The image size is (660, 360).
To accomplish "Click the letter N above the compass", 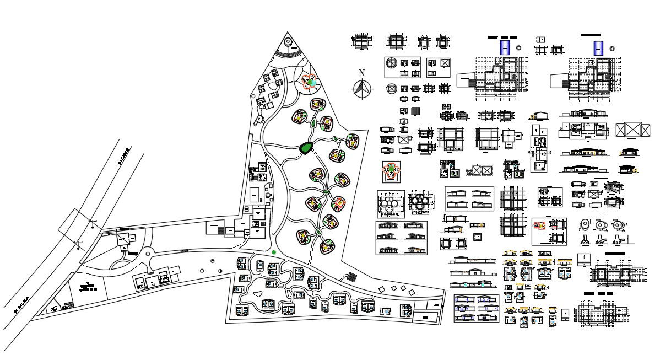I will [x=362, y=73].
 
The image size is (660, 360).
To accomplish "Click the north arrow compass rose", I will [x=362, y=88].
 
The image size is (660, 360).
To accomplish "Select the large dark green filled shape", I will [x=306, y=148].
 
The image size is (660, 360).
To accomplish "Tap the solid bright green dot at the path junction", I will [x=274, y=252].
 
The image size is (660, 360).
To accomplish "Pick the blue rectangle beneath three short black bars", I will [x=505, y=48].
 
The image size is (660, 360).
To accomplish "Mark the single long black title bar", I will [x=590, y=35].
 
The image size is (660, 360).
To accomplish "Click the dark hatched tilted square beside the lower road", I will [x=351, y=277].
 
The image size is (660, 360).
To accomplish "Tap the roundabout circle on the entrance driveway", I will [x=147, y=255].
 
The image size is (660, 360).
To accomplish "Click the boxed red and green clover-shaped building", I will [x=392, y=171].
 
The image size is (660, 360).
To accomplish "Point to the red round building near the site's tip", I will [x=309, y=83].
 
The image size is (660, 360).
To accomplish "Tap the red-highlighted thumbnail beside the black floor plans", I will [x=539, y=225].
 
